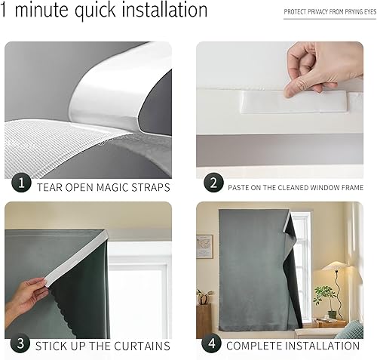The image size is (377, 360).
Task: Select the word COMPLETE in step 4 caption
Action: [x=256, y=346]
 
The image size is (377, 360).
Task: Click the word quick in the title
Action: [x=96, y=11]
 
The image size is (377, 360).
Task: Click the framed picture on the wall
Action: [x=204, y=246]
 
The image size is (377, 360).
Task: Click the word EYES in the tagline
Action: [x=364, y=13]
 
